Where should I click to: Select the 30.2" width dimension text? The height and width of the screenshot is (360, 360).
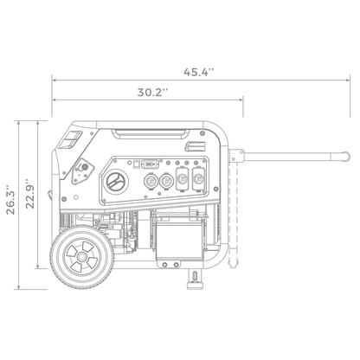151,92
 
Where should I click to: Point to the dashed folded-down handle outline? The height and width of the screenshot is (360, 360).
236,216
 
